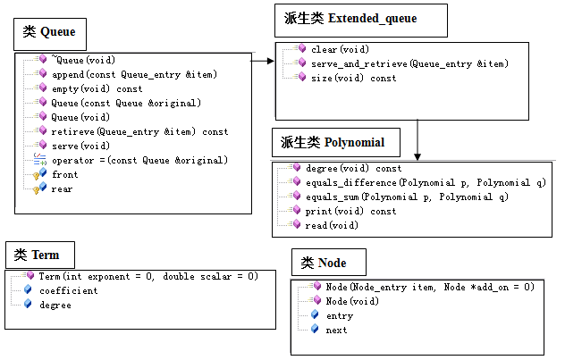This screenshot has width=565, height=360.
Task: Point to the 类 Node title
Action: tap(323, 263)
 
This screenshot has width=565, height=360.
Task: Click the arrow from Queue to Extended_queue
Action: tap(262, 62)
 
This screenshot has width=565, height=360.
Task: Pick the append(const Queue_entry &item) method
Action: tap(133, 74)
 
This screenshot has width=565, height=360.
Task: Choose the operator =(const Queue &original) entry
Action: tap(139, 160)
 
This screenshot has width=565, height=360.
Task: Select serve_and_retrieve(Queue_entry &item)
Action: tap(409, 64)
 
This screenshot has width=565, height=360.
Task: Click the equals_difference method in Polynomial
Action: tap(425, 182)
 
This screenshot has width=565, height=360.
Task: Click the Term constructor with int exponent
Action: tap(148, 277)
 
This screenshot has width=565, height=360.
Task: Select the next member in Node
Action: tap(337, 330)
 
